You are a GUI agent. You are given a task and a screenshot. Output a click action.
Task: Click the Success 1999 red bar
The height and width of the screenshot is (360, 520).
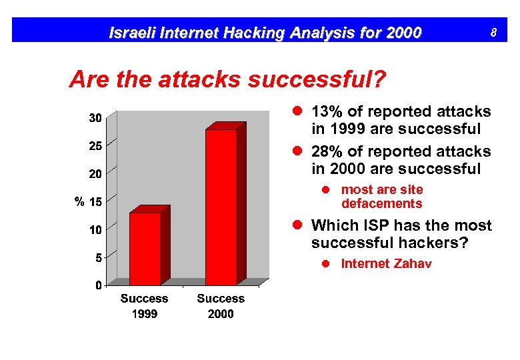[x=145, y=248]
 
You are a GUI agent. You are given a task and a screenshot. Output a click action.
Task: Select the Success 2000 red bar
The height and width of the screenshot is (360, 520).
[x=221, y=207]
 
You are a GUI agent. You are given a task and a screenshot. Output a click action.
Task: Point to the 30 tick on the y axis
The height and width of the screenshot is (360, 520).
[x=96, y=118]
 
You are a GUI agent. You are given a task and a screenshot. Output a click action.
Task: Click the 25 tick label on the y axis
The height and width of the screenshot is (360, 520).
[x=96, y=145]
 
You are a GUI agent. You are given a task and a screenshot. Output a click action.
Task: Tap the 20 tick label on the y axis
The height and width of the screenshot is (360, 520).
[x=96, y=173]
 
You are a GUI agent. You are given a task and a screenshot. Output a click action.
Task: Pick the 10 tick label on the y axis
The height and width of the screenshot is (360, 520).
[x=96, y=229]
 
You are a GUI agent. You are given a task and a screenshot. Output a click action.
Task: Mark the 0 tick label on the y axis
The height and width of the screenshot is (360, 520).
[x=99, y=285]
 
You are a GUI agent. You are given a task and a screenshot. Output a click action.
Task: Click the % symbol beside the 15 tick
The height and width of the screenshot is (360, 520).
[x=78, y=201]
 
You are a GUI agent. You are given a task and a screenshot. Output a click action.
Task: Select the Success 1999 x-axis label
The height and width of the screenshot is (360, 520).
[x=144, y=306]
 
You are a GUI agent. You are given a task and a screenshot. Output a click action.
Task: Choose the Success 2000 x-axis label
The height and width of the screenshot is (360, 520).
[x=221, y=306]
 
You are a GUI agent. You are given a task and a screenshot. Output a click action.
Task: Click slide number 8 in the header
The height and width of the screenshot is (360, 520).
[x=493, y=31]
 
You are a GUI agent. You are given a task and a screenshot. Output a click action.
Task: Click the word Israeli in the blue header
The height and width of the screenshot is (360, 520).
[x=132, y=32]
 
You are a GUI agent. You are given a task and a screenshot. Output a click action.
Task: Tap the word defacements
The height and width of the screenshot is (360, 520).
[x=381, y=204]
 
